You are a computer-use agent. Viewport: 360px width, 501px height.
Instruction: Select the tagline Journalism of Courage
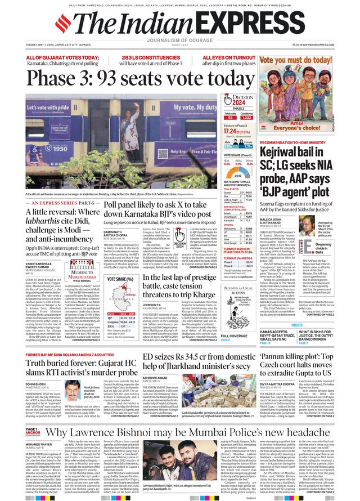point(179,39)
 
